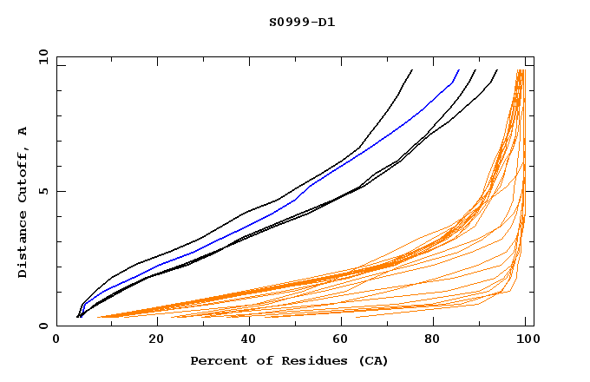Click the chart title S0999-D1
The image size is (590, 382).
[301, 22]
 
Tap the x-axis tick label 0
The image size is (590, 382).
[57, 341]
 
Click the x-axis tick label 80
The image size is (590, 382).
[434, 341]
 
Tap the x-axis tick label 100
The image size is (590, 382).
[526, 341]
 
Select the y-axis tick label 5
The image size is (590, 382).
[45, 191]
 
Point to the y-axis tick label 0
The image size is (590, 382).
[45, 326]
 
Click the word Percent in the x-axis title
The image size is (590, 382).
[217, 360]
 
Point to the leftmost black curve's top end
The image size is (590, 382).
[412, 69]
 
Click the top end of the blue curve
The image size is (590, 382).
[459, 69]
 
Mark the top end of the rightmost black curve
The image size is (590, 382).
[497, 69]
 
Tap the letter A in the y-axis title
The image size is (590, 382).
[23, 131]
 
